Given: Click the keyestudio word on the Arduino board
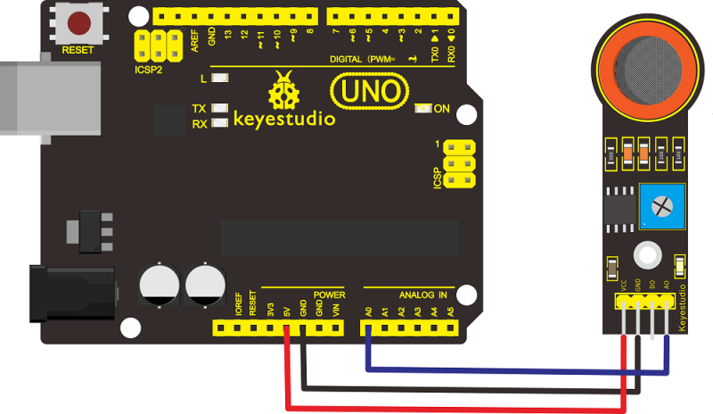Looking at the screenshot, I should tap(284, 118).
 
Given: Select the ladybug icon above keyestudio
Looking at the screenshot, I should tap(284, 90).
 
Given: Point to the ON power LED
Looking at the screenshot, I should tap(424, 109).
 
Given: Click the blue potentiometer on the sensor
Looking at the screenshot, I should tap(660, 206).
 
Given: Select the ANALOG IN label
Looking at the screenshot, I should tap(422, 294).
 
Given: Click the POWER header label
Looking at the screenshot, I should tap(329, 294).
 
